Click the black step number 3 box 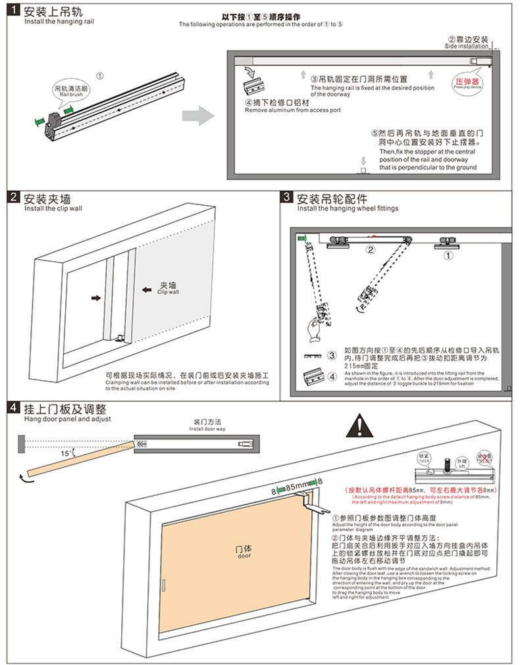click(286, 197)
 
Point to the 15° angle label click(66, 453)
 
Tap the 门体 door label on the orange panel click(244, 551)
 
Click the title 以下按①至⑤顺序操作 click(261, 16)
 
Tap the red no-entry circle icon click(484, 457)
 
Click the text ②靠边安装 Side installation click(468, 42)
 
